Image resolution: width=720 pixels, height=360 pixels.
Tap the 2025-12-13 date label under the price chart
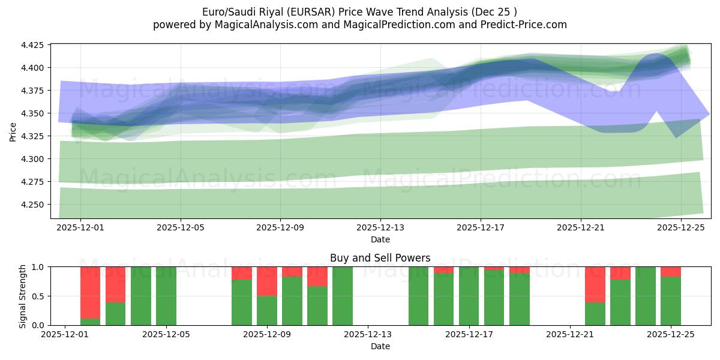(380, 228)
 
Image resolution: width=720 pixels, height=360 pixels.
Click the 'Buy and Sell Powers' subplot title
(380, 259)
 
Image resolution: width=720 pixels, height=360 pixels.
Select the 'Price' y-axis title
(13, 132)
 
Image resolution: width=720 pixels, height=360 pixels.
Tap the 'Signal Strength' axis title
(23, 296)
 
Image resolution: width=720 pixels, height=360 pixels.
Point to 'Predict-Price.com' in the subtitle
(524, 25)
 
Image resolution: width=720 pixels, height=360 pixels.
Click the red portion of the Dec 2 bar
(91, 292)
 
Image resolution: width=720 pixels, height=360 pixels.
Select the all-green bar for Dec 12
(343, 296)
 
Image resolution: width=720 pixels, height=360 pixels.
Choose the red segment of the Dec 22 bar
(595, 284)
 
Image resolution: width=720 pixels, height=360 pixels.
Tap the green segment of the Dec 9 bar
(267, 310)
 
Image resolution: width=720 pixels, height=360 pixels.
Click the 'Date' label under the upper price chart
(380, 239)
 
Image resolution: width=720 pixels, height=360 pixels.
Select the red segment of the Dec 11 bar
(317, 276)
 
